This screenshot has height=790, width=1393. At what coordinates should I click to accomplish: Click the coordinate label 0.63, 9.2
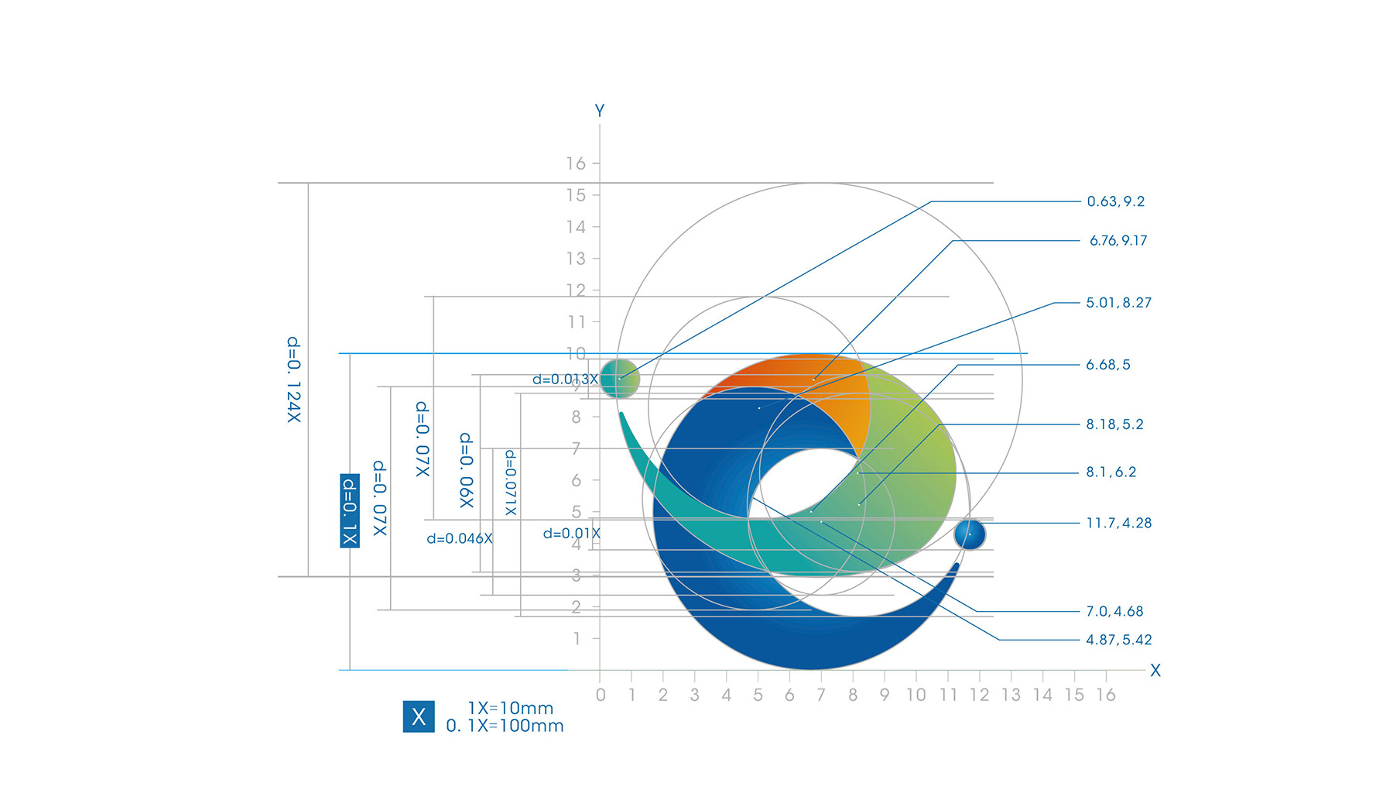tap(1115, 201)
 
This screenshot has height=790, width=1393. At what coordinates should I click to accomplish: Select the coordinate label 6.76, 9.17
tap(1118, 241)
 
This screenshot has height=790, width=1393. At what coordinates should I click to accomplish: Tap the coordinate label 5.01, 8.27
tap(1118, 303)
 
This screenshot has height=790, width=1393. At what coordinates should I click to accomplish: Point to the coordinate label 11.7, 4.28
tap(1118, 524)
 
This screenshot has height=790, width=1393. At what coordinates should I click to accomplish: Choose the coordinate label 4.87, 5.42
tap(1118, 640)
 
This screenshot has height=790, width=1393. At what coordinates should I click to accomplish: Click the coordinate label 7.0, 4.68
tap(1114, 611)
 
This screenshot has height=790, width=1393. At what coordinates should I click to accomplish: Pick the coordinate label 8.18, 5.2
tap(1114, 424)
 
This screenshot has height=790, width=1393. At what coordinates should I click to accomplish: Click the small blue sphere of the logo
tap(969, 534)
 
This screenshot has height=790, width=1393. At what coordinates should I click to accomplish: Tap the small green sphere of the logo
tap(620, 379)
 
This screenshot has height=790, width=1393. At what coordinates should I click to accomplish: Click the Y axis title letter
tap(600, 111)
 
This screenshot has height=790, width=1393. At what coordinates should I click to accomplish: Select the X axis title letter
tap(1155, 671)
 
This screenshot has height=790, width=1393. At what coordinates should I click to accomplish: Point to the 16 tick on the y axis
tap(576, 163)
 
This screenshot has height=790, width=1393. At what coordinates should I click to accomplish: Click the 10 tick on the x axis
tap(916, 695)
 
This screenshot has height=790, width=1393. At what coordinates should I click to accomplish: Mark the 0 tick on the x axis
tap(601, 695)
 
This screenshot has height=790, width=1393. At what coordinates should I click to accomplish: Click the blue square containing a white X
tap(419, 716)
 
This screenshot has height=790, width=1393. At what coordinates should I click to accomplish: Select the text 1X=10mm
tap(511, 708)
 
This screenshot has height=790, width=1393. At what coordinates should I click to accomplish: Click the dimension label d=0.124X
tap(294, 380)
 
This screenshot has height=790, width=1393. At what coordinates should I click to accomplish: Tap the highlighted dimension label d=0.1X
tap(350, 510)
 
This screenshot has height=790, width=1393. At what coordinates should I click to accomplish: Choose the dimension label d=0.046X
tap(460, 538)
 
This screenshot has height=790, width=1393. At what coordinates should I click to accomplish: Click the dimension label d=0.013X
tap(565, 380)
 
